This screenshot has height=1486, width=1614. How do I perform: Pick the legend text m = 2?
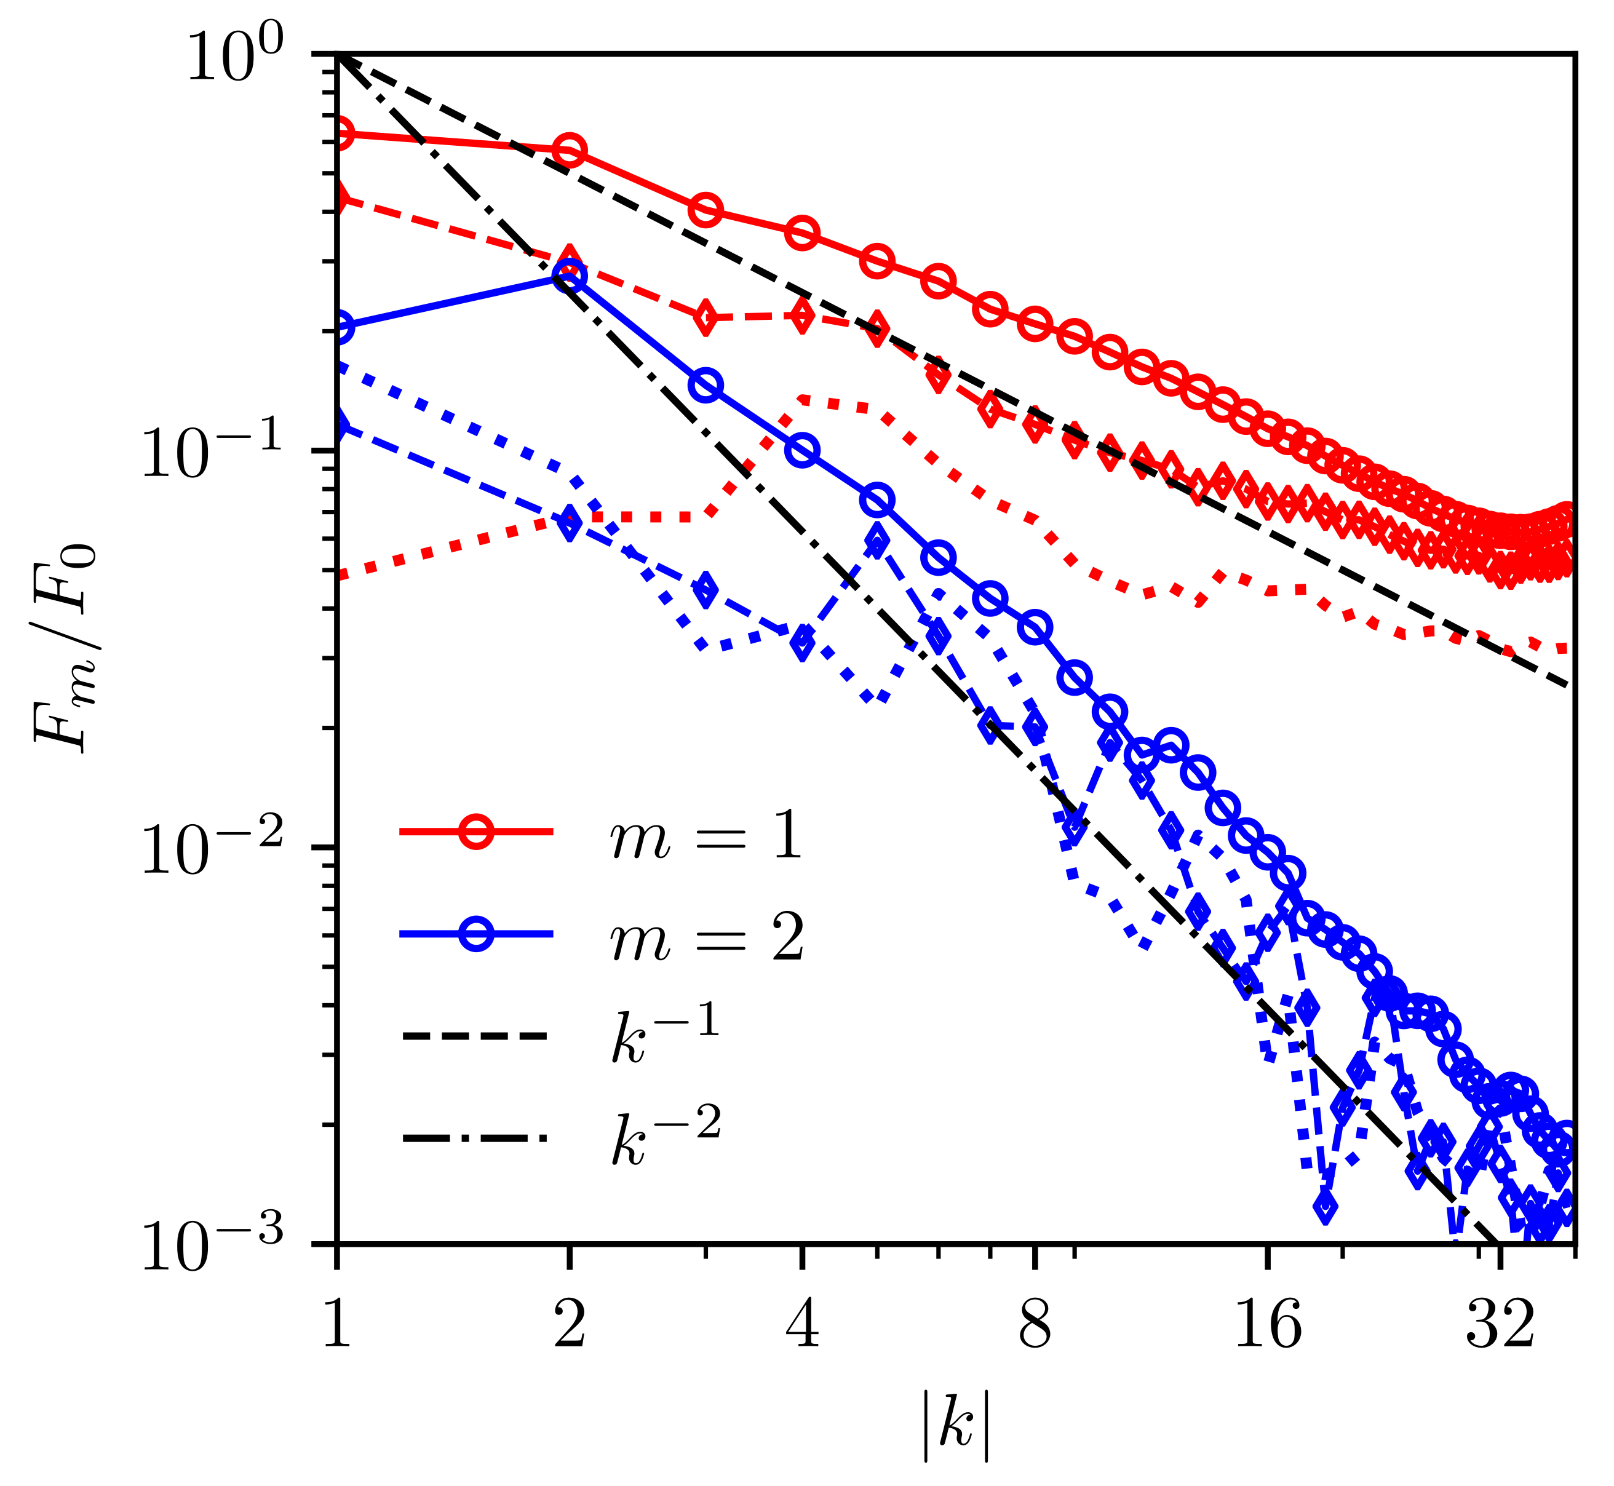click(706, 937)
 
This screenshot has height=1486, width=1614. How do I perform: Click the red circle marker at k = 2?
click(570, 150)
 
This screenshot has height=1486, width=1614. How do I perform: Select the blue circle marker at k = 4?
click(802, 450)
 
